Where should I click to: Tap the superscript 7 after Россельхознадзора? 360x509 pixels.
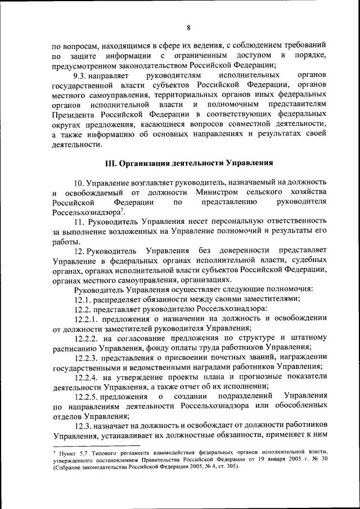(122, 210)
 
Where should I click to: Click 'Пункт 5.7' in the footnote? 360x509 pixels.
(73, 452)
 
